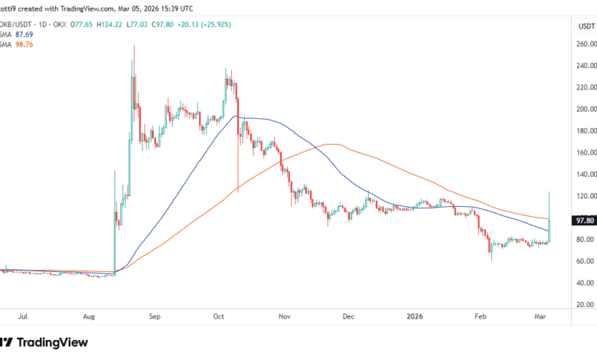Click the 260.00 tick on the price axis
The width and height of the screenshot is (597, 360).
[x=586, y=44]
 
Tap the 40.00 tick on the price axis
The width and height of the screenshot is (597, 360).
[x=586, y=283]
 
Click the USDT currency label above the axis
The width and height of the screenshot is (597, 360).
[x=586, y=25]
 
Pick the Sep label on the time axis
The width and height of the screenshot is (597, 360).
[x=155, y=315]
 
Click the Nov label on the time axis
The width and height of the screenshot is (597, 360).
[x=285, y=315]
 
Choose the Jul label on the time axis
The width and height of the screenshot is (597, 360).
[x=24, y=315]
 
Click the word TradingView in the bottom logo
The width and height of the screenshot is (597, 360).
[x=54, y=342]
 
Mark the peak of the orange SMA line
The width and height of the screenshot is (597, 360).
[x=331, y=144]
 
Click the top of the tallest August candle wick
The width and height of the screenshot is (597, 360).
[x=134, y=46]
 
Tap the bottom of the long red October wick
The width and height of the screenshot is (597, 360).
[x=238, y=191]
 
